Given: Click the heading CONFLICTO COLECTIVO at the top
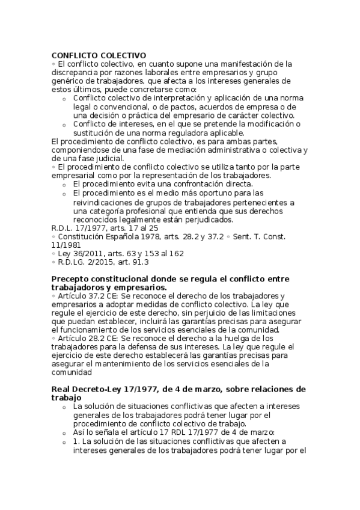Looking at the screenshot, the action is click(99, 55).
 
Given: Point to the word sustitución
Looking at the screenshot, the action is click(95, 133).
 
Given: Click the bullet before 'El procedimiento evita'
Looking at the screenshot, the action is click(64, 184).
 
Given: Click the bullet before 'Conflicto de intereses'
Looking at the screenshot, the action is click(64, 124).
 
